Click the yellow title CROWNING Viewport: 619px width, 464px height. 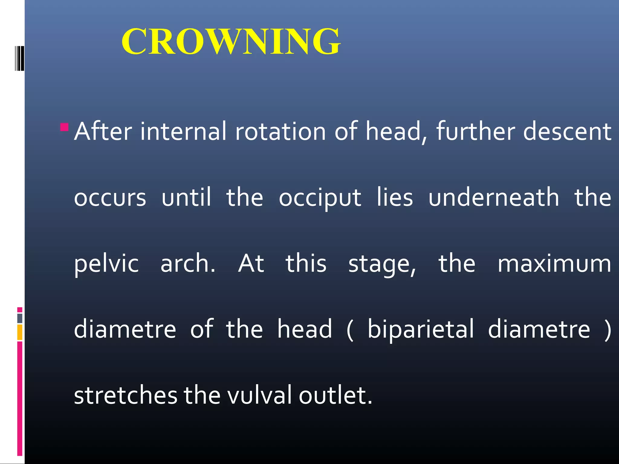(231, 41)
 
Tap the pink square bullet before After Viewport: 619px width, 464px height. (64, 127)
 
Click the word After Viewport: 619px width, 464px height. (103, 131)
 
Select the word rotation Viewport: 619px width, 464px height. (280, 131)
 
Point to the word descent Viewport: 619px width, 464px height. (567, 131)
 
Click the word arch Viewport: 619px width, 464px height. (187, 263)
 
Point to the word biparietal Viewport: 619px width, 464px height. (420, 330)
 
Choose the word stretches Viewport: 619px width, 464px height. (125, 395)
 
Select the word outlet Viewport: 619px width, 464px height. (335, 395)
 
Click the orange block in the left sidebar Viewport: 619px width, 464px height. (20, 332)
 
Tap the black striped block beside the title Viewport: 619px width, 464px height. (19, 58)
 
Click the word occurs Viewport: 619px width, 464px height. (110, 198)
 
